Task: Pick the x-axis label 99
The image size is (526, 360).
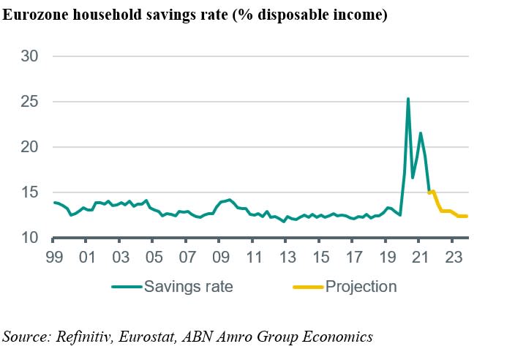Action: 53,258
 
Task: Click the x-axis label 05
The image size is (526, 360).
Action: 153,258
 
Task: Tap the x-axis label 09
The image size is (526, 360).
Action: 220,258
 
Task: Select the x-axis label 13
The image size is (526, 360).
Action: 287,258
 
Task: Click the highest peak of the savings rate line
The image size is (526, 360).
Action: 407,98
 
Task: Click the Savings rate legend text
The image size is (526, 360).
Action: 189,286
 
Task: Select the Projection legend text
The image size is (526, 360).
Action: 361,286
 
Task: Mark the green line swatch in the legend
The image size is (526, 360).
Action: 127,286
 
